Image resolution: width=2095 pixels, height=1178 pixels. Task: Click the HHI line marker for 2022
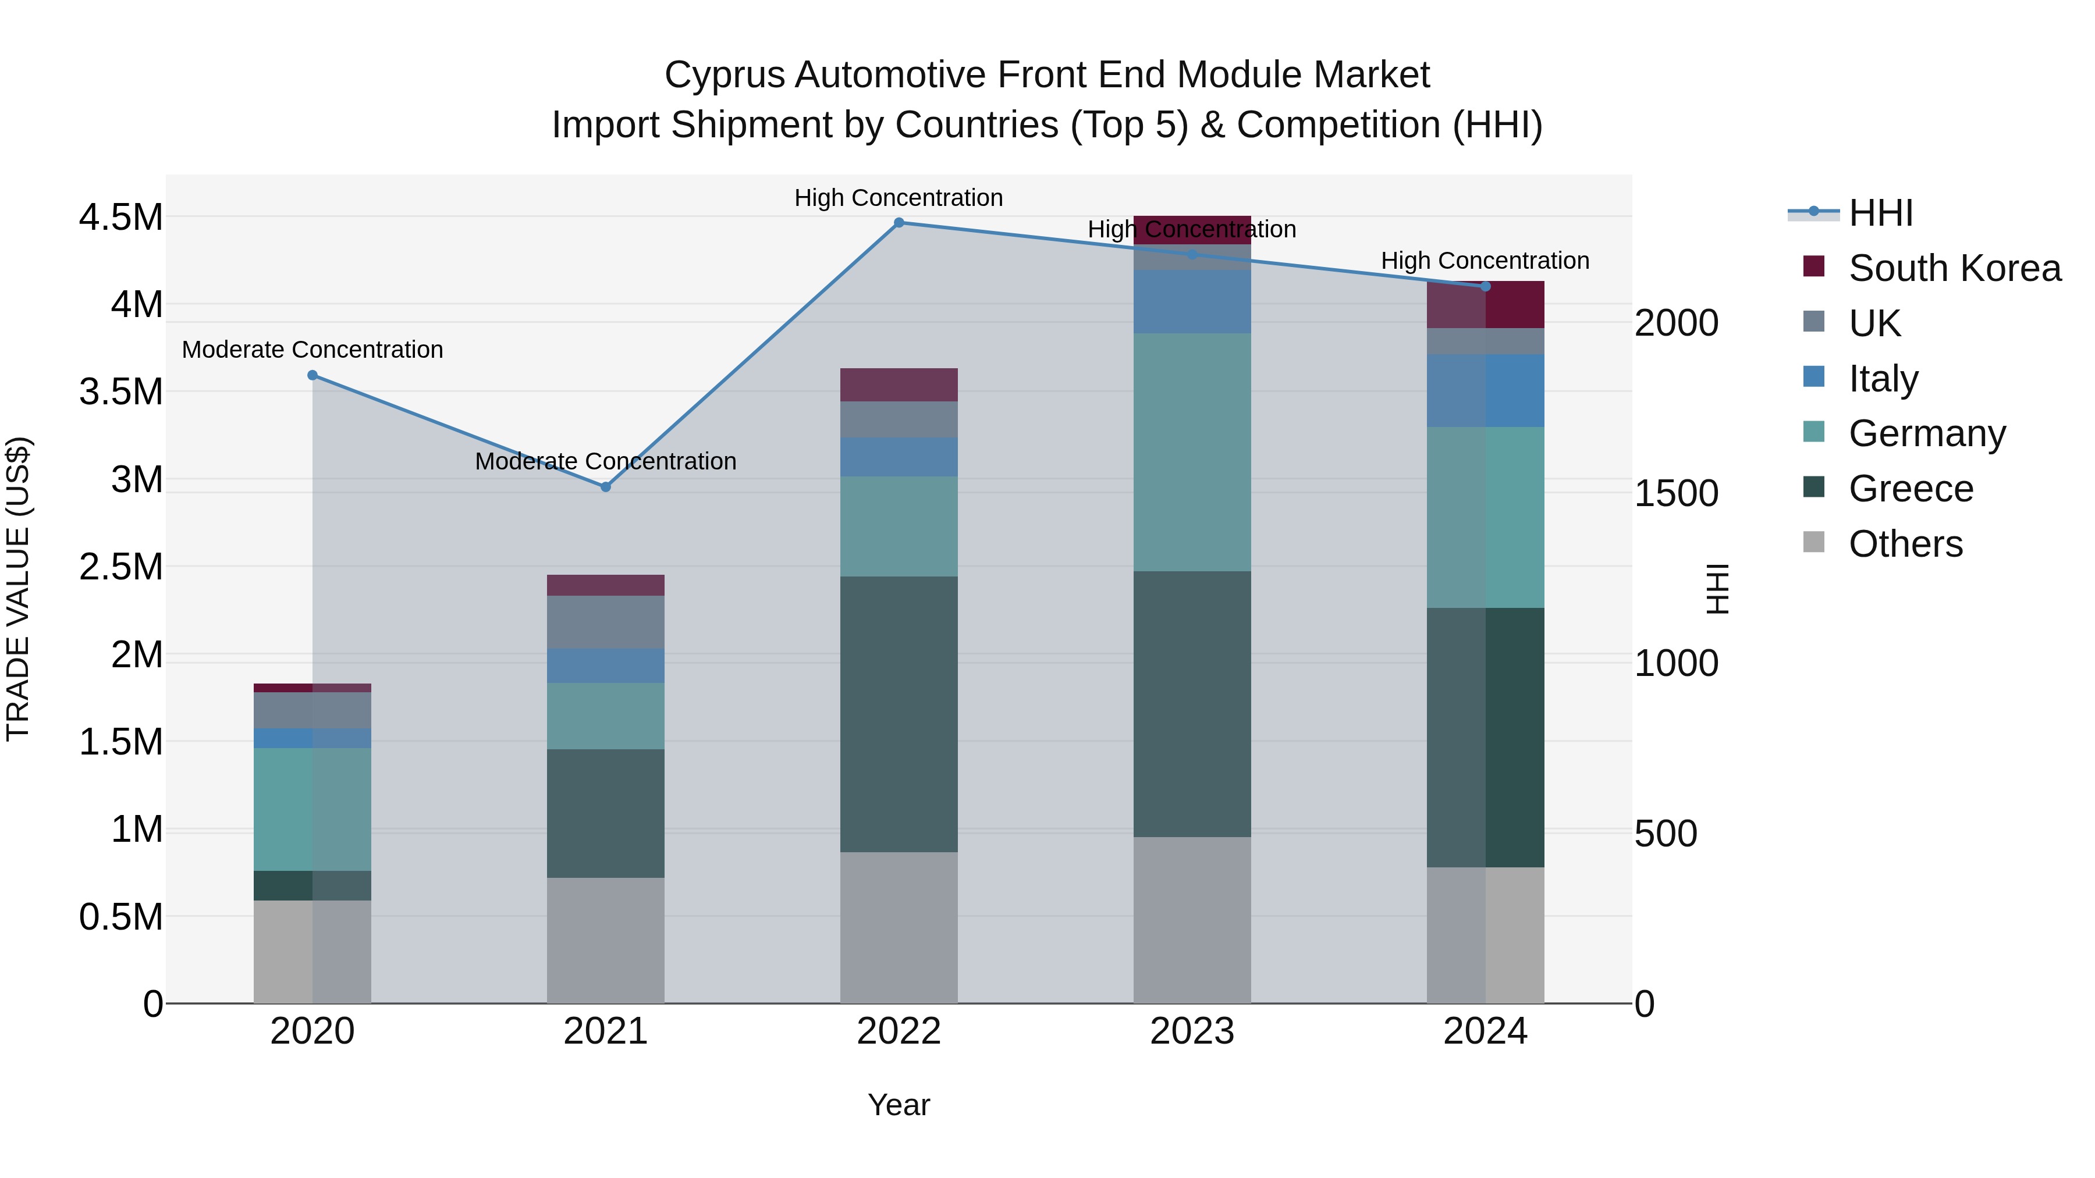(899, 223)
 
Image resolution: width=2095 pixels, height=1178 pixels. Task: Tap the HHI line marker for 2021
(605, 487)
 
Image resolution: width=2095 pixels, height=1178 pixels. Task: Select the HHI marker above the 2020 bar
(313, 376)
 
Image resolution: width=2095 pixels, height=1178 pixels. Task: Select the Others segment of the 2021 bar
(605, 940)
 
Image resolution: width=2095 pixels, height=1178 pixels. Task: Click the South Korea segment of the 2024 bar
(1485, 305)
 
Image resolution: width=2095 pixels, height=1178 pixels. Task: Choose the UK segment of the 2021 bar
(605, 622)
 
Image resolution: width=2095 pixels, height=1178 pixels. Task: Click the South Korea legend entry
(1954, 268)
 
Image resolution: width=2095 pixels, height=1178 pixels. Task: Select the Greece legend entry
(1911, 489)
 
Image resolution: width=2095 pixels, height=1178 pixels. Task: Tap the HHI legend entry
(1880, 213)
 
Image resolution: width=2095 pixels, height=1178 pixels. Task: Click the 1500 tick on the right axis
(1676, 493)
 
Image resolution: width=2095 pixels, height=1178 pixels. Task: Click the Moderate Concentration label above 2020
(313, 350)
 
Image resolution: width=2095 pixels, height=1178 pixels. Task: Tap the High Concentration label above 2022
(899, 198)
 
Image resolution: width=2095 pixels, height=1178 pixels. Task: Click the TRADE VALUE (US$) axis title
(19, 589)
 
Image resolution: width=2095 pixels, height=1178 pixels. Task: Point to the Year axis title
(899, 1105)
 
